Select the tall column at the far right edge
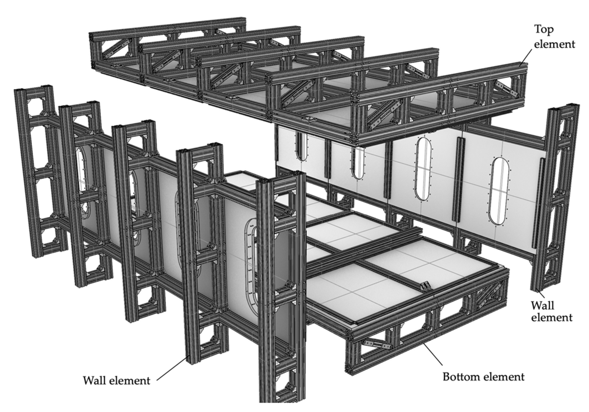pos(555,198)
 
